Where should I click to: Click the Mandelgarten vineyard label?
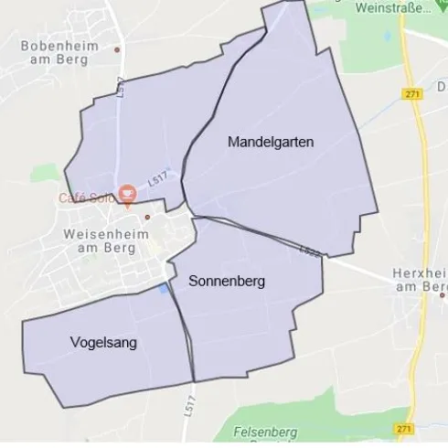click(x=271, y=142)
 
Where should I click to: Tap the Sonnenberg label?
click(x=227, y=282)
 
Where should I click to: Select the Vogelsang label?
click(x=103, y=342)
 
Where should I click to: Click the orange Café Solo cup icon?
click(x=126, y=193)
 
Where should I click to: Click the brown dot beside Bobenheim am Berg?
click(x=118, y=49)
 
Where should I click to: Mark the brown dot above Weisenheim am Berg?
click(x=147, y=217)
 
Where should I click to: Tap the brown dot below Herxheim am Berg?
click(x=443, y=294)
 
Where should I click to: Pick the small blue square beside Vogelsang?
click(x=163, y=290)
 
